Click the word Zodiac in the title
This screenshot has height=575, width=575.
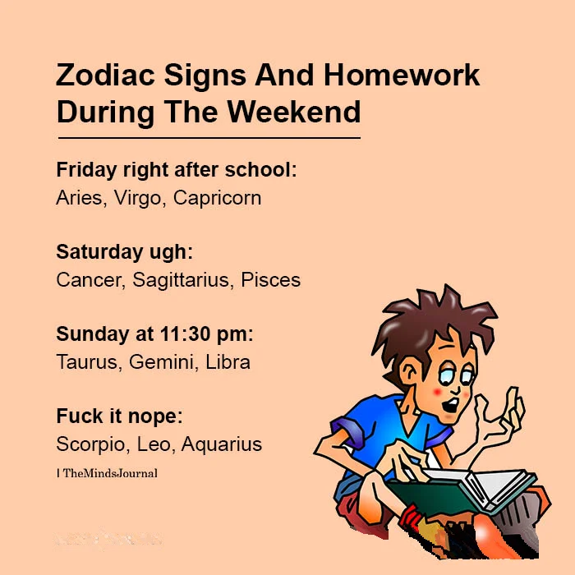[105, 75]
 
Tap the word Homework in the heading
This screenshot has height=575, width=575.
[402, 75]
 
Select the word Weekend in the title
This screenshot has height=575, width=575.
[294, 112]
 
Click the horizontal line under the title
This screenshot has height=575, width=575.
[209, 138]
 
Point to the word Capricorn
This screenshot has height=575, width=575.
[217, 198]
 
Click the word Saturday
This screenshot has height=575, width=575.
[99, 252]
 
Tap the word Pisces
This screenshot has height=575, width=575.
[270, 280]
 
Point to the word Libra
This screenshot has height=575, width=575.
[228, 362]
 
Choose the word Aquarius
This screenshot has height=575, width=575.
[222, 444]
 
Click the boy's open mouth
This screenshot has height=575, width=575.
[451, 405]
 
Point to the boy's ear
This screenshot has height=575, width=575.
[409, 371]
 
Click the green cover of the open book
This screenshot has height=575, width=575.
[429, 496]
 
